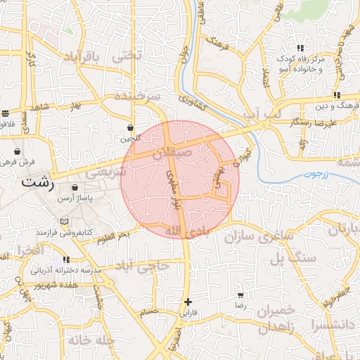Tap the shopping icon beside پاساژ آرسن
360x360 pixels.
[75, 188]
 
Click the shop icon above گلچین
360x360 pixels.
[131, 128]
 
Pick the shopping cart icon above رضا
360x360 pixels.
[241, 295]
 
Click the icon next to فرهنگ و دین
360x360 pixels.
[337, 95]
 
